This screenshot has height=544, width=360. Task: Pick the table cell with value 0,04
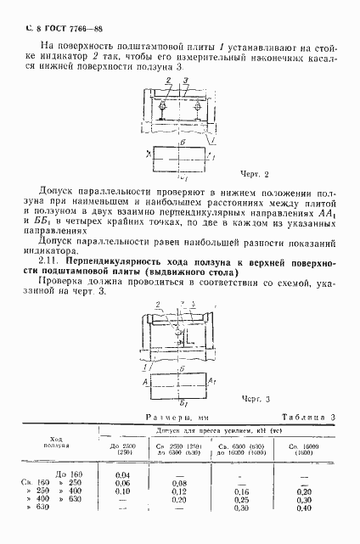[121, 474]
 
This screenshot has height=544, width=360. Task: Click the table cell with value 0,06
[121, 483]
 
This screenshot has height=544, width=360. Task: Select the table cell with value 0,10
[121, 491]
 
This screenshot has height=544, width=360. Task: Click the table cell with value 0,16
[242, 491]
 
